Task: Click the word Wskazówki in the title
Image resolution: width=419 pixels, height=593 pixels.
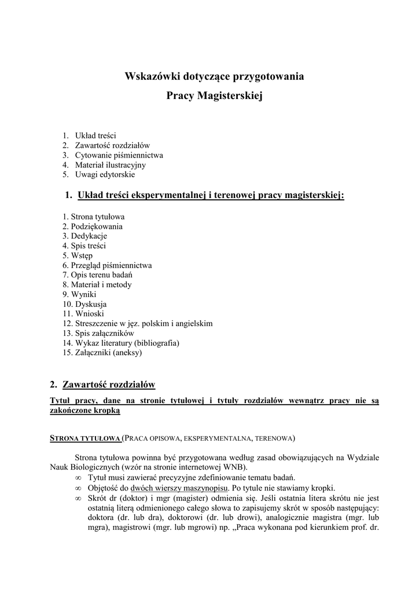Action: pyautogui.click(x=151, y=76)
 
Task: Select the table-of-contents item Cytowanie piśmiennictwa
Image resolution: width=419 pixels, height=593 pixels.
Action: pyautogui.click(x=119, y=155)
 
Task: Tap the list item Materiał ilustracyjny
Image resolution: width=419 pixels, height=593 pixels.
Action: pyautogui.click(x=110, y=164)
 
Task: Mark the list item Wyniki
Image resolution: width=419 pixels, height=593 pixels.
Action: pyautogui.click(x=83, y=294)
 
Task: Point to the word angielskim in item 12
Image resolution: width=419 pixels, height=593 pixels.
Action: pyautogui.click(x=194, y=323)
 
